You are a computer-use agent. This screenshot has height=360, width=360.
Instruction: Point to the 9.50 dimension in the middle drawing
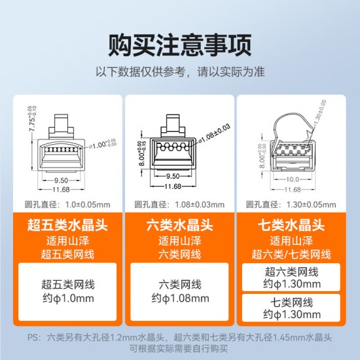point(173,176)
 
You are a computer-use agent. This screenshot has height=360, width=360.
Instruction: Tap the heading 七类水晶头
point(291,226)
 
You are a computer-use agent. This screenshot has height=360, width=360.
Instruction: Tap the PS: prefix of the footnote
point(34,338)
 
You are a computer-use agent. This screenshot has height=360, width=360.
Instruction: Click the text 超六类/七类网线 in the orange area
point(291,253)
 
